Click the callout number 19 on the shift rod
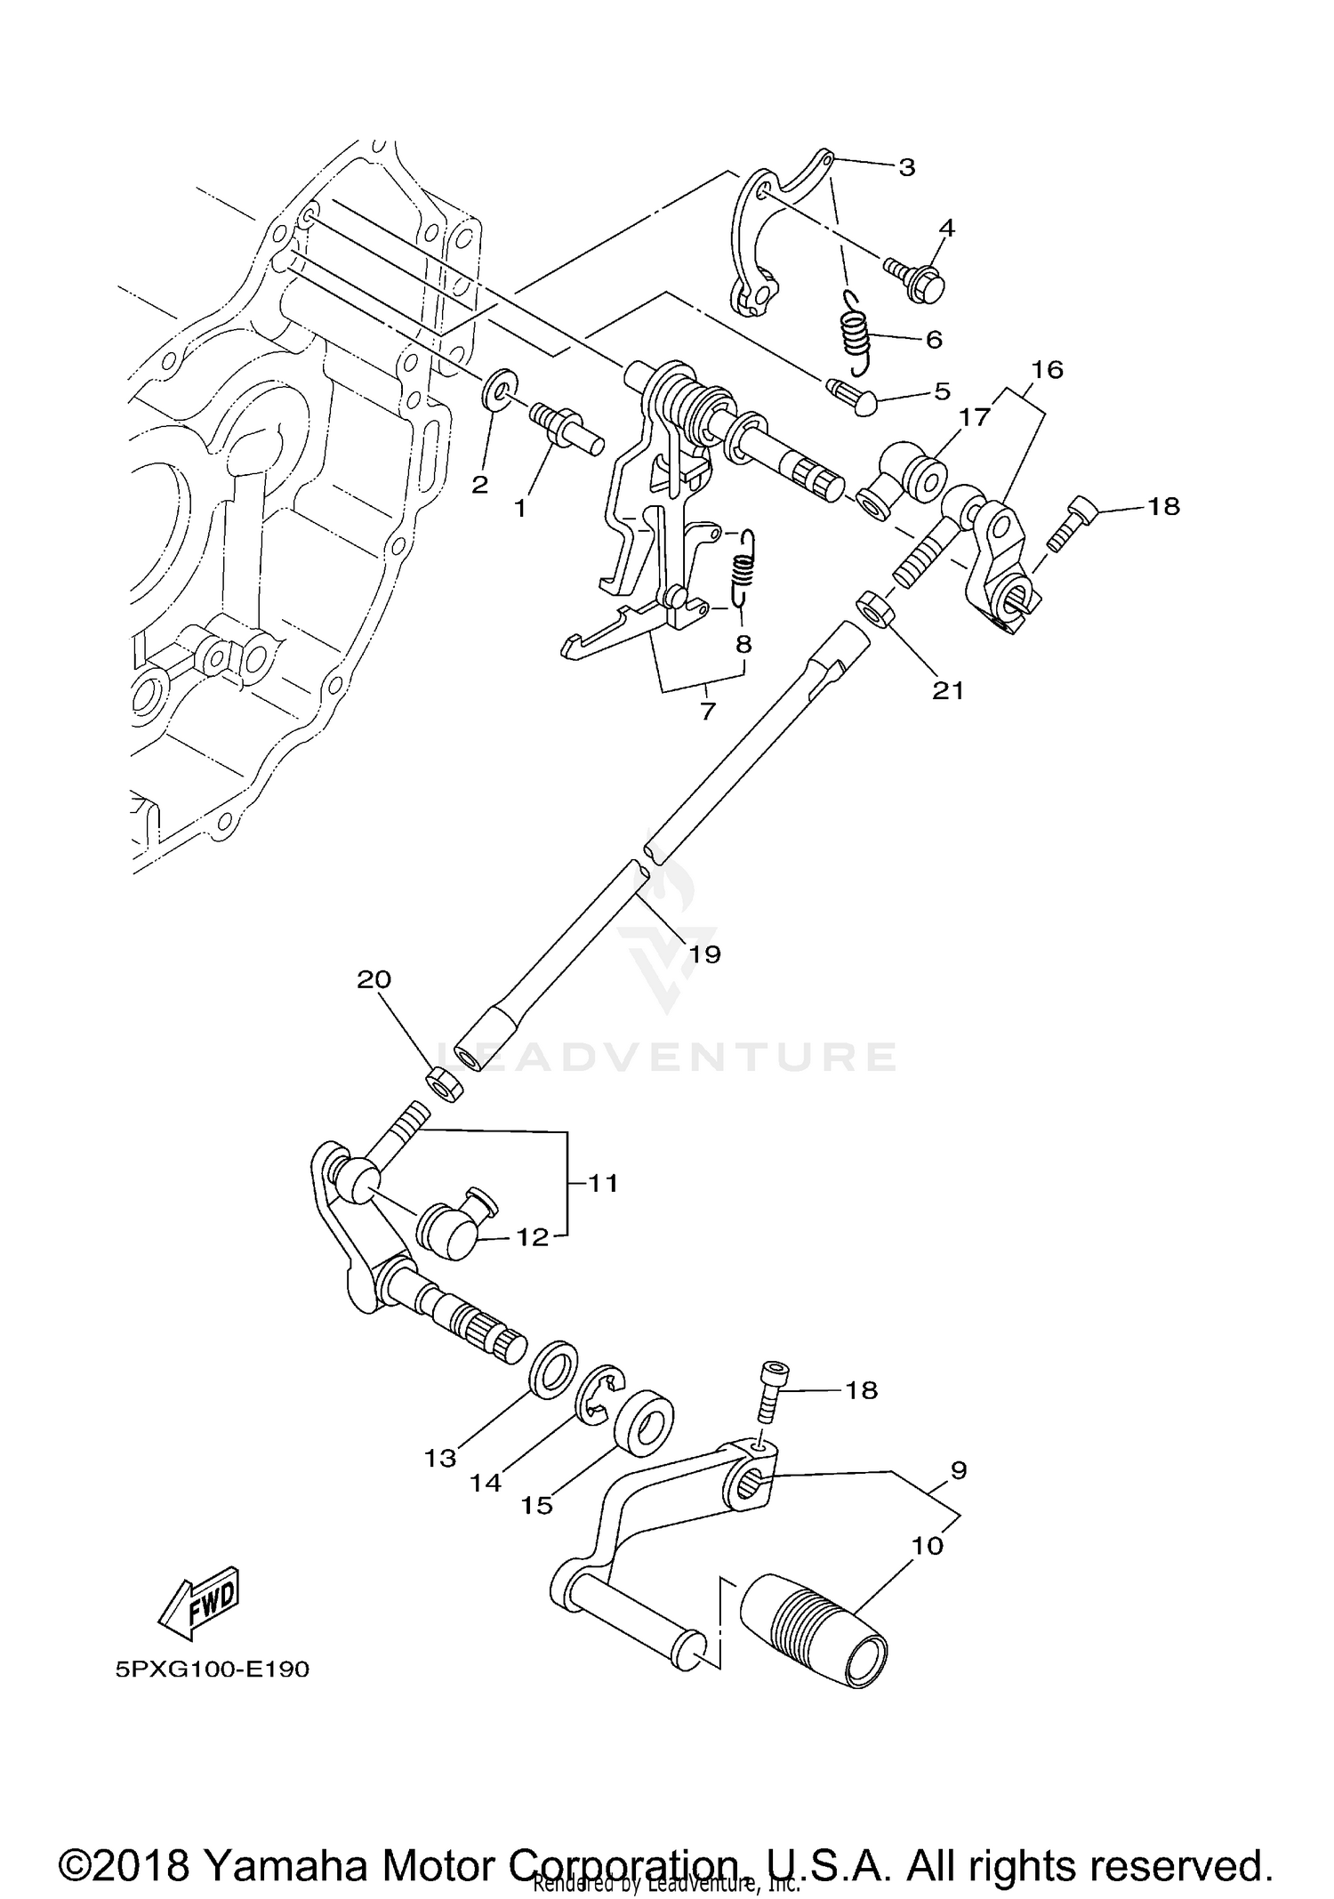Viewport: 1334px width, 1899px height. coord(704,954)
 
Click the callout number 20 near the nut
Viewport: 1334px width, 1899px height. coord(374,979)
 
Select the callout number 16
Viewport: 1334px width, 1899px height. coord(1048,369)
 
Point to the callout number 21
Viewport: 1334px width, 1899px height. coord(948,689)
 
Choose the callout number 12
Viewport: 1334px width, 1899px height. coord(533,1237)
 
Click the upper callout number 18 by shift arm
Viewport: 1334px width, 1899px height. coord(1163,506)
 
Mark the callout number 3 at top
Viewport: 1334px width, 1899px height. coord(906,166)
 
